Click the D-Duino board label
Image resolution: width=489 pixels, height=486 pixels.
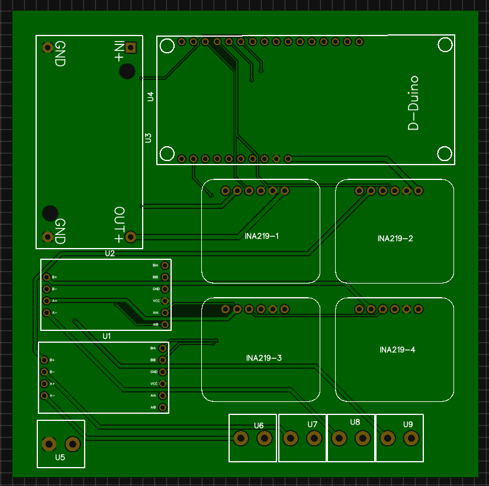click(413, 103)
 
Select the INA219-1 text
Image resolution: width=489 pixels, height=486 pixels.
click(262, 236)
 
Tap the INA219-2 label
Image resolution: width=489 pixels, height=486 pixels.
click(395, 239)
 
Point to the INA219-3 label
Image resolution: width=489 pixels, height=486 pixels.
click(263, 358)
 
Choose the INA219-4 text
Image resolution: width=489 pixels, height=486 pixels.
click(397, 350)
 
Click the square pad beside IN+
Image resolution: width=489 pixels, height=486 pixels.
click(131, 47)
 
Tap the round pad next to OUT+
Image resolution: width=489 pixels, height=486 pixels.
click(131, 237)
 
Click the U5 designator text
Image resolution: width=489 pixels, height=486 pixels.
click(60, 457)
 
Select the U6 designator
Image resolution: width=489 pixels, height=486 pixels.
click(259, 426)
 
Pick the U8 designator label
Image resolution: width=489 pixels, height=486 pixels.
click(355, 422)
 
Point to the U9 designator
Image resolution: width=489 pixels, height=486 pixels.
click(408, 424)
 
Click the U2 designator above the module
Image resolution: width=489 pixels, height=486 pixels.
click(110, 253)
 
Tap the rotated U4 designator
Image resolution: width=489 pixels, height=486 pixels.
click(150, 96)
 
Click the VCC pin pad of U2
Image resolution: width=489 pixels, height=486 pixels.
click(165, 301)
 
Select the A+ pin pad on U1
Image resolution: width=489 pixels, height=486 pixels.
click(44, 384)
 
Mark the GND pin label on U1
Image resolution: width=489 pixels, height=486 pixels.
click(153, 372)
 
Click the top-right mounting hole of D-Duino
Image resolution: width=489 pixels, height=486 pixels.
click(445, 45)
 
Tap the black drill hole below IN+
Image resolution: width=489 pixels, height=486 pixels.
click(127, 72)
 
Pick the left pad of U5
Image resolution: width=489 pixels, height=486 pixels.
click(49, 443)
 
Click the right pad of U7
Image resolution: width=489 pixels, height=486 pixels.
click(313, 439)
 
